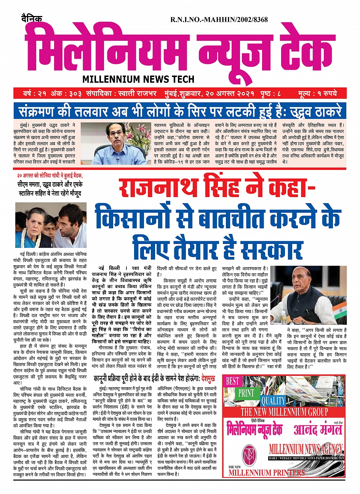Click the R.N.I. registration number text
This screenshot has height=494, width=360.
[x=219, y=19]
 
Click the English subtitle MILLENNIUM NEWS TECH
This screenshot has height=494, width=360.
[x=138, y=79]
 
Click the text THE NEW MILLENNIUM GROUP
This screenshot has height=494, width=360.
[x=284, y=412]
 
